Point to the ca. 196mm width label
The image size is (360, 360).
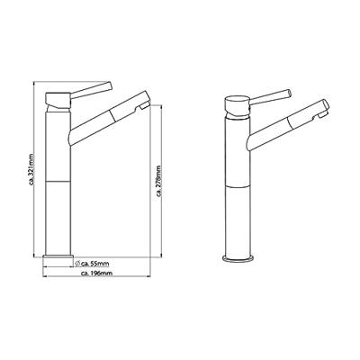pos(97,273)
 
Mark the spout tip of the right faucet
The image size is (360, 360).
pos(320,112)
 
